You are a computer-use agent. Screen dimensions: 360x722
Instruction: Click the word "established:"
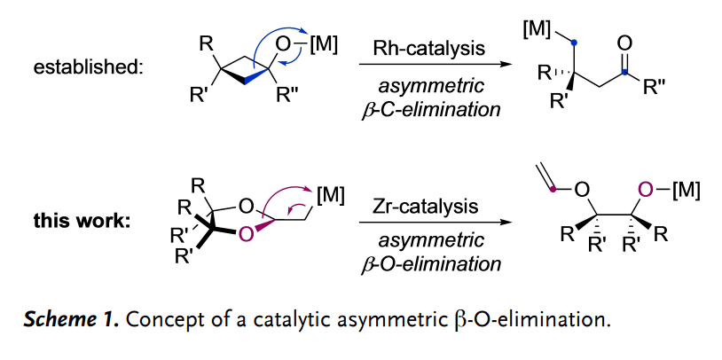(x=87, y=67)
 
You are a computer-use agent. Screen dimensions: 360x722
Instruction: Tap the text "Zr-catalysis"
(x=430, y=207)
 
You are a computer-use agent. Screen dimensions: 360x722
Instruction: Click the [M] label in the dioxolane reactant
(x=328, y=194)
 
